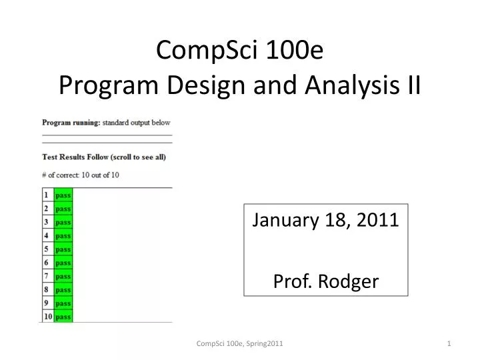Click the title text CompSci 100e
click(240, 51)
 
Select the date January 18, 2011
click(326, 220)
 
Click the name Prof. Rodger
click(326, 281)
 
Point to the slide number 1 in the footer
click(449, 343)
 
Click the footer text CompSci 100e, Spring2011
click(240, 343)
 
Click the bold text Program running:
click(71, 123)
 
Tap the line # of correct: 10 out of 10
click(81, 175)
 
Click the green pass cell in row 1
click(63, 195)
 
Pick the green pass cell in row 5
click(63, 249)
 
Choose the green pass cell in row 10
click(63, 317)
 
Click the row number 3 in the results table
click(47, 222)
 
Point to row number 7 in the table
click(47, 276)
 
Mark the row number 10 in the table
click(47, 317)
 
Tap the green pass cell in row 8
click(63, 290)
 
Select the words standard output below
click(137, 123)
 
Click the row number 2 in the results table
click(47, 209)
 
